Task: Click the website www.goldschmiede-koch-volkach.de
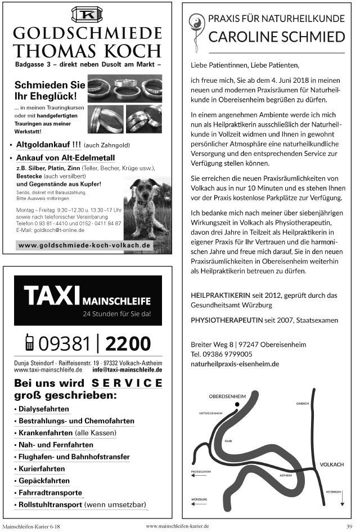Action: (85, 245)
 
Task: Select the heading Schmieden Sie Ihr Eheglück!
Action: (50, 90)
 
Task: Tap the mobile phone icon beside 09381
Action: (29, 342)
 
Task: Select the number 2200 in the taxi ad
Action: (128, 342)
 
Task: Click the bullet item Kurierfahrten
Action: (41, 468)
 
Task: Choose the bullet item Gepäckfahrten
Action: (43, 481)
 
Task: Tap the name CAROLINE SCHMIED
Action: (276, 37)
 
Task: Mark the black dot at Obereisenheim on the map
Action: (238, 404)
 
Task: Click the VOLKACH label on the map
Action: (331, 464)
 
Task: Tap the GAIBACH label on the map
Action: (302, 404)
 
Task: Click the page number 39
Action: (349, 526)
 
